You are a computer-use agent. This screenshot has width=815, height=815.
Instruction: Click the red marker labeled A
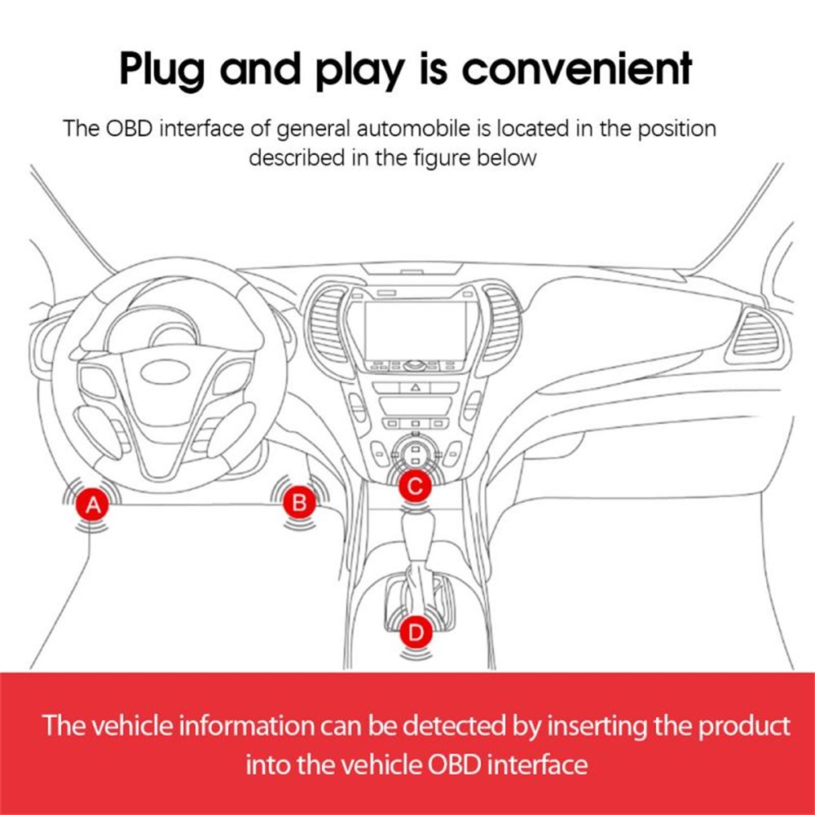click(x=94, y=505)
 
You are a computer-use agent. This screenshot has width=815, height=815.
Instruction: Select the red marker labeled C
click(x=415, y=487)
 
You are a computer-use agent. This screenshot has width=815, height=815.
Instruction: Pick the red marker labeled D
click(x=416, y=631)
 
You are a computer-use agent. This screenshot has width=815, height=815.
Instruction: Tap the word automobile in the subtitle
click(x=429, y=129)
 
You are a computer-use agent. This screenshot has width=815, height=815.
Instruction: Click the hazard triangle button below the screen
click(x=415, y=388)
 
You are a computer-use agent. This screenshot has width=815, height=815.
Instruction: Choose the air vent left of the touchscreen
click(x=329, y=321)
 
